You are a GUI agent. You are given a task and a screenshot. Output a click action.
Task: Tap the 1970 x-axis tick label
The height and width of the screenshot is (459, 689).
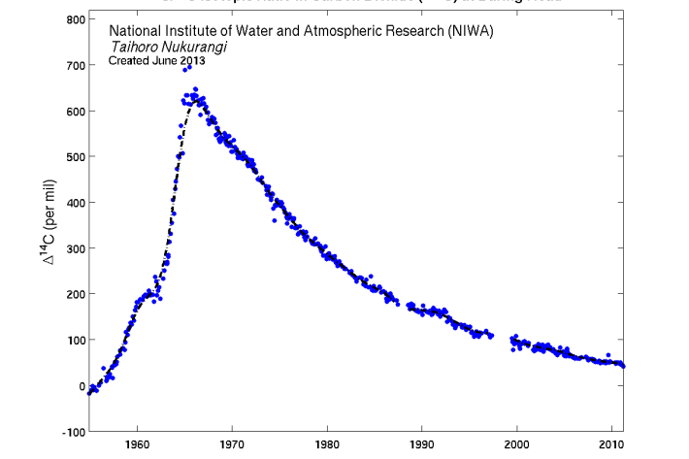point(232,446)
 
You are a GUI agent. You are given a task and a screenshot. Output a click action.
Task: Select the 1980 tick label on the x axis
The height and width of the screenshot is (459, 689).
point(327,446)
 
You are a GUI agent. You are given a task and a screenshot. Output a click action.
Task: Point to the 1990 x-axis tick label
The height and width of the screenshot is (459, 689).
point(422,446)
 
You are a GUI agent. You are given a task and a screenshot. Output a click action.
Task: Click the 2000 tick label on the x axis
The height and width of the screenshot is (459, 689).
point(517,446)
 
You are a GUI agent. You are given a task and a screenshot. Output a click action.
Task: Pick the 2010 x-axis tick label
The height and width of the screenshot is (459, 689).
point(611,446)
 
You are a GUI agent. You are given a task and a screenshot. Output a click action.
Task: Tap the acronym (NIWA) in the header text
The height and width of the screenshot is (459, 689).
point(472,31)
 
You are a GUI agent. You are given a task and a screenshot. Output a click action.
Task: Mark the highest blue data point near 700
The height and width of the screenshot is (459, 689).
point(188,67)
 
